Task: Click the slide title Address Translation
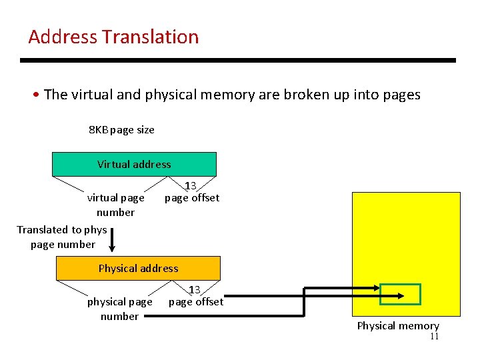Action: [113, 37]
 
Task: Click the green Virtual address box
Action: [134, 164]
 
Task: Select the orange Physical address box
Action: [138, 268]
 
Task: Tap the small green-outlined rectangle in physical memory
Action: [401, 295]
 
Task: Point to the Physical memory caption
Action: [398, 325]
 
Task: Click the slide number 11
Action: [434, 337]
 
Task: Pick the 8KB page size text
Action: [121, 129]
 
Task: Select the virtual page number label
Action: [115, 205]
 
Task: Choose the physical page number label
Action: [119, 309]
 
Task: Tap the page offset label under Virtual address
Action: [192, 197]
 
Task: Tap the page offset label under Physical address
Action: [196, 301]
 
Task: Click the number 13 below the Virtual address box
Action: [191, 185]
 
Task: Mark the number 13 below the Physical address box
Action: [195, 289]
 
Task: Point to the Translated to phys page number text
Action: [62, 237]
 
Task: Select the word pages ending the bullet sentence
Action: [402, 95]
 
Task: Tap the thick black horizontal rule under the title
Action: [238, 60]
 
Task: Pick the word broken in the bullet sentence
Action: [305, 95]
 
